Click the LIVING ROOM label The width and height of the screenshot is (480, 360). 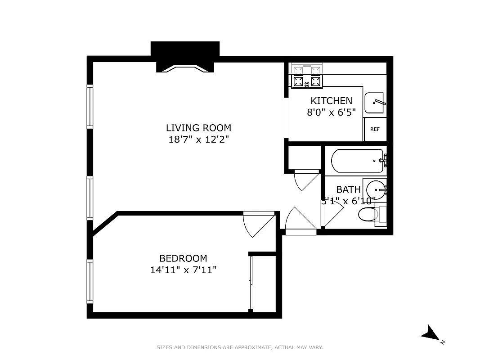click(198, 128)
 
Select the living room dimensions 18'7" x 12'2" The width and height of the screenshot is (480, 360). click(198, 139)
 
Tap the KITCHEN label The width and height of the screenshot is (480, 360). click(331, 101)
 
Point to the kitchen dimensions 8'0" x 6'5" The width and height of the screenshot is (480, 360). click(331, 112)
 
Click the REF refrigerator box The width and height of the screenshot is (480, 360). click(375, 129)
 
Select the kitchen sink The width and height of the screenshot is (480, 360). click(375, 103)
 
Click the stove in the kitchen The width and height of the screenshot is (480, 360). click(308, 76)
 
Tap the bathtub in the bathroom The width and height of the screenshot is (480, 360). click(357, 160)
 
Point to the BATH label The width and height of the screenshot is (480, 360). click(348, 189)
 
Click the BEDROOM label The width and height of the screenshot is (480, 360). click(183, 258)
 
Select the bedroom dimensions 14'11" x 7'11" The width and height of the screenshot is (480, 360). click(183, 270)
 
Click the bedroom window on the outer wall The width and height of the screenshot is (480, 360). click(90, 282)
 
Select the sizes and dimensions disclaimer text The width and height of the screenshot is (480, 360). click(240, 347)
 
